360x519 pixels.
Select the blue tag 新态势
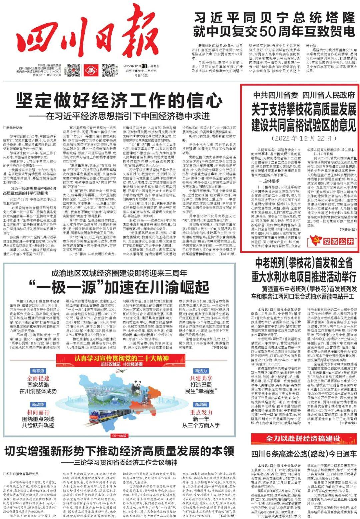38,370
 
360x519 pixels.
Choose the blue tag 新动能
38,404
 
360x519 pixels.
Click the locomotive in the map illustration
103,417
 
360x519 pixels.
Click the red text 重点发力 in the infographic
201,412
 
